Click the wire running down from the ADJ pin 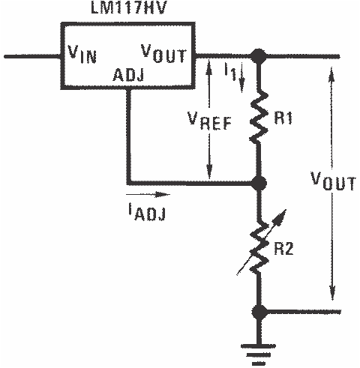129,135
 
